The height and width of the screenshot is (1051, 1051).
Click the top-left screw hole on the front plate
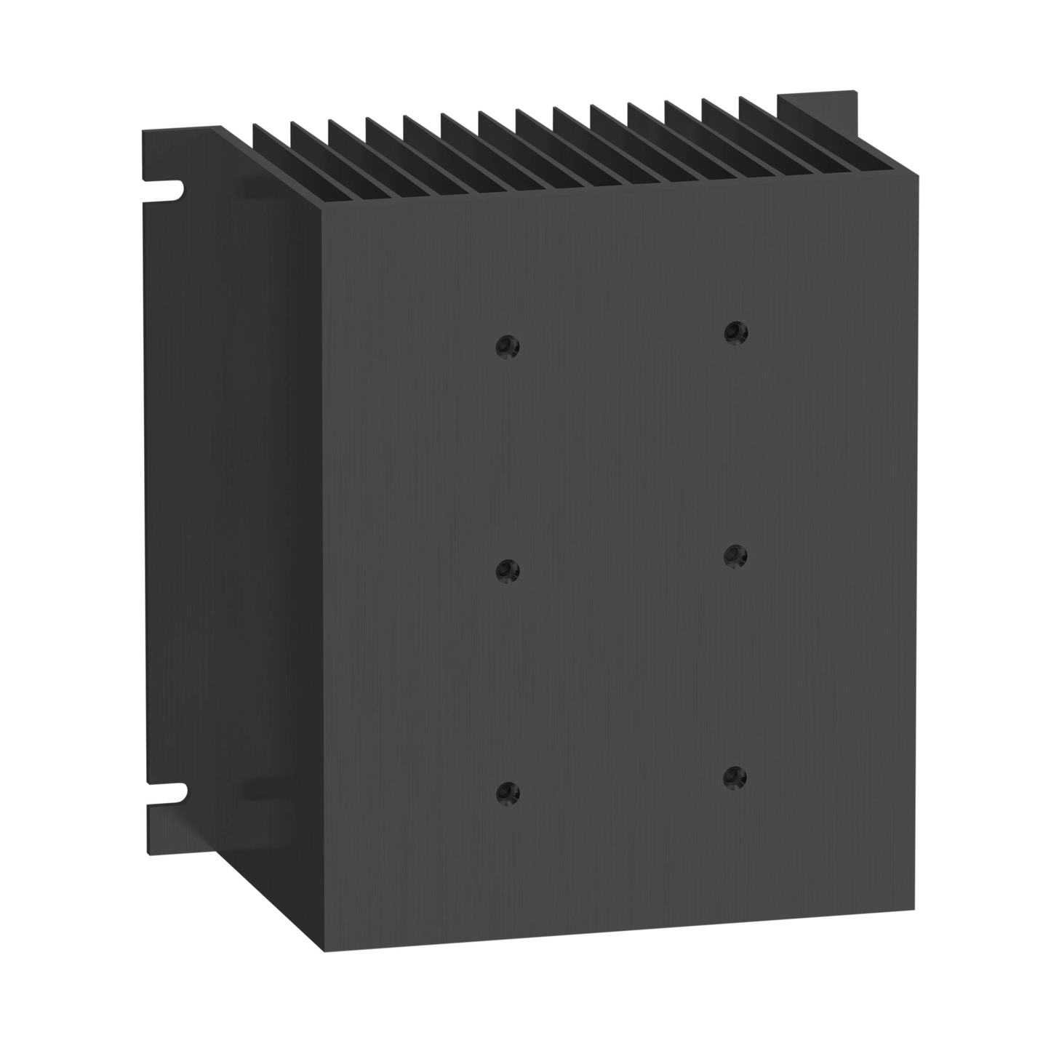tap(508, 346)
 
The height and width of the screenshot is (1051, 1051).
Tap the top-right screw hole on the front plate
tap(735, 332)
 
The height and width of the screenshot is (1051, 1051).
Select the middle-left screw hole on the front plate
tap(508, 570)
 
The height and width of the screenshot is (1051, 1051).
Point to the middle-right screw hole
tap(735, 556)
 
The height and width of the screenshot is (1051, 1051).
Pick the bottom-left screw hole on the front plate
tap(508, 792)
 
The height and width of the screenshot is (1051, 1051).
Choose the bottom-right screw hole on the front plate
tap(735, 777)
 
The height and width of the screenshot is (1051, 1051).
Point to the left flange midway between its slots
tap(164, 491)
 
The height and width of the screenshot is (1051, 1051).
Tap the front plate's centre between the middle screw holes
tap(622, 564)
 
